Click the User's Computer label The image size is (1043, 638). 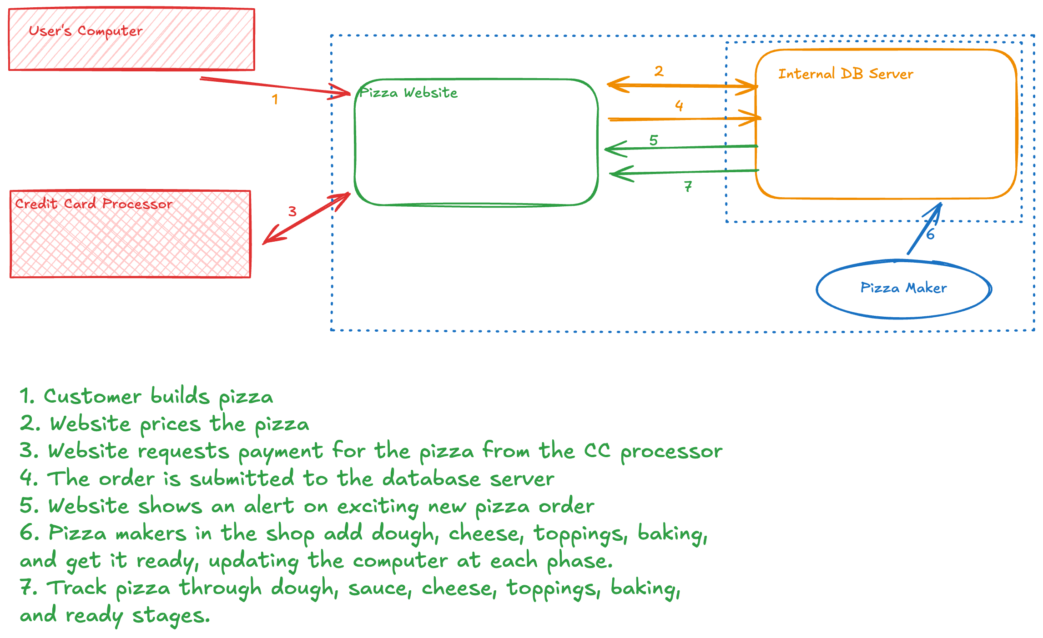point(86,31)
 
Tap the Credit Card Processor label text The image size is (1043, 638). point(94,204)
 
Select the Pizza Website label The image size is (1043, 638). point(408,93)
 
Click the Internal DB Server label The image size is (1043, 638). point(846,74)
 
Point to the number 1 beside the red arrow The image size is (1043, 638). point(275,99)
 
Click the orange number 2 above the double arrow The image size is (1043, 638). point(659,71)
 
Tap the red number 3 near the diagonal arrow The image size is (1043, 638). point(292,211)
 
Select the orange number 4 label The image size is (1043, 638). point(679,105)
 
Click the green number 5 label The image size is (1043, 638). point(654,140)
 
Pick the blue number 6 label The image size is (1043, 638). point(930,234)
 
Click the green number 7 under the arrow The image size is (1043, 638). point(688,186)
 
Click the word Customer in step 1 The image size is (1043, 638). point(92,396)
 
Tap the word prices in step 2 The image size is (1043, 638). point(170,424)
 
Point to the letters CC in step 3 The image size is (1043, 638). point(597,451)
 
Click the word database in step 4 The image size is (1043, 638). point(431,478)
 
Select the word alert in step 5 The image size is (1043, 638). point(269,506)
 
